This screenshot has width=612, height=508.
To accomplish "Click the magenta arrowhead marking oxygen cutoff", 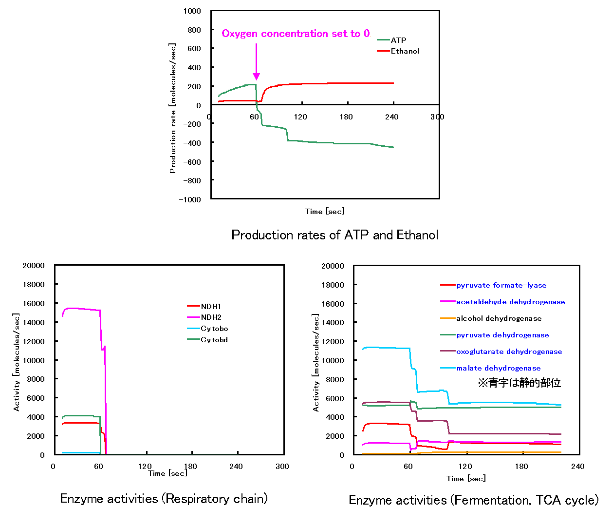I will [256, 77].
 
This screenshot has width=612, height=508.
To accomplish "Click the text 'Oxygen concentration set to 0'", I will [296, 34].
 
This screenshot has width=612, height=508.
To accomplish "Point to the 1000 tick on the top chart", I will [192, 11].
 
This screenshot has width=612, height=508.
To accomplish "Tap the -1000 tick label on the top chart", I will [190, 199].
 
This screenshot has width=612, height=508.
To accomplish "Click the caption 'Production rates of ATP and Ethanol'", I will [334, 235].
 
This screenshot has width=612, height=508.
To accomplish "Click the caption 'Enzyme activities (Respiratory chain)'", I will [164, 499].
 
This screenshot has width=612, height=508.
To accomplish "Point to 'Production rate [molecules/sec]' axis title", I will [172, 108].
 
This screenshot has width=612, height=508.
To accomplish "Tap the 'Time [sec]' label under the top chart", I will [325, 211].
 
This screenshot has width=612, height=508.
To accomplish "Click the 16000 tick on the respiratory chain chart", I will [34, 303].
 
